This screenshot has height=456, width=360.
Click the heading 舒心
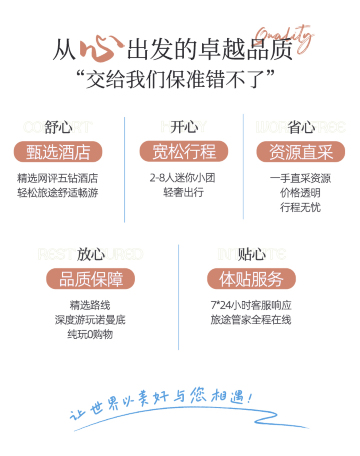tap(59, 128)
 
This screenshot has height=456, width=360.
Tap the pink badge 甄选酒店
tap(59, 152)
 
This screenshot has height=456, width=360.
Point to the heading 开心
tap(184, 128)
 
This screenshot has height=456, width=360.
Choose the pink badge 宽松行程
tap(184, 152)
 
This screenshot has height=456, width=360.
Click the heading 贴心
tap(251, 254)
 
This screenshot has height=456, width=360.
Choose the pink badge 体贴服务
tap(251, 278)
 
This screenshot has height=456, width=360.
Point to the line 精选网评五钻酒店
tap(58, 178)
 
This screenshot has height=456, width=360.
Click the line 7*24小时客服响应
tap(250, 304)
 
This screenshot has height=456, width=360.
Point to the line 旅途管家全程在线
tap(250, 319)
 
